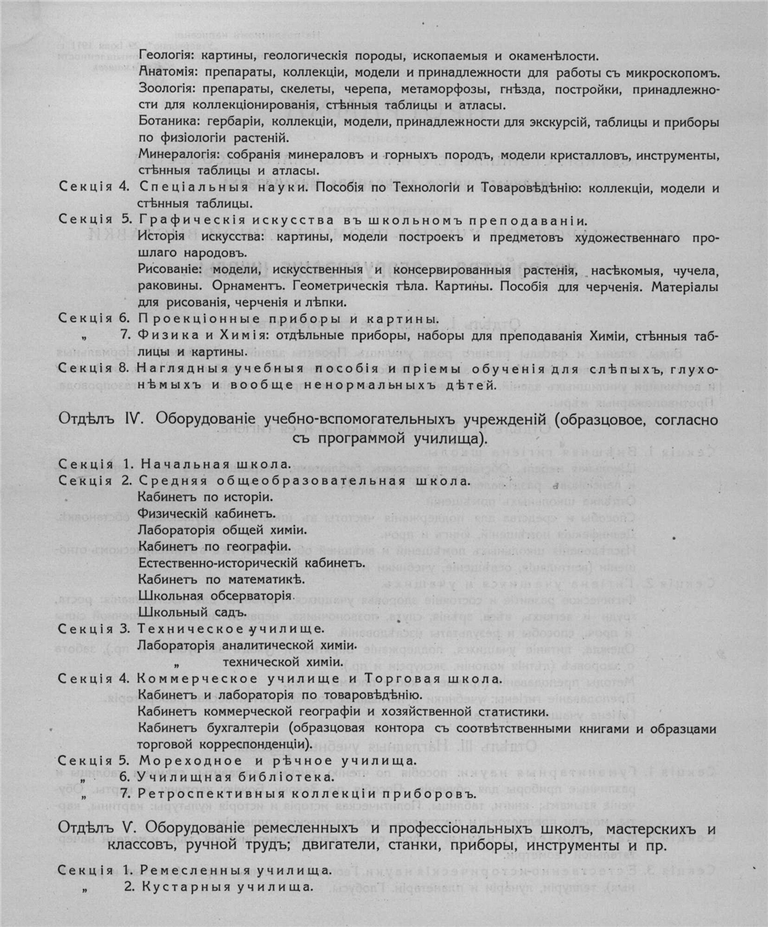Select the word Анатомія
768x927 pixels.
(169, 73)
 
